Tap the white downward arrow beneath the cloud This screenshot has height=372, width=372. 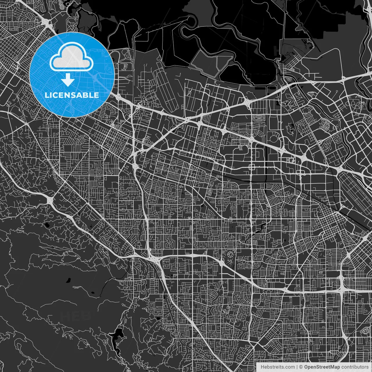pyautogui.click(x=68, y=80)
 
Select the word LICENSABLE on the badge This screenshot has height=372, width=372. pyautogui.click(x=71, y=95)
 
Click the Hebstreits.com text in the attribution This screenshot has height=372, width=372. pyautogui.click(x=277, y=367)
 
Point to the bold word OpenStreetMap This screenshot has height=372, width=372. pyautogui.click(x=322, y=367)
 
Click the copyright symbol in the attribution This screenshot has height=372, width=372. pyautogui.click(x=301, y=367)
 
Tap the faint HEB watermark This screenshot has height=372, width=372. pyautogui.click(x=76, y=316)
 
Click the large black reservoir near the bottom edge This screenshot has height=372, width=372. pyautogui.click(x=118, y=334)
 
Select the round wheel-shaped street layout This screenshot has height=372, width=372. pyautogui.click(x=230, y=255)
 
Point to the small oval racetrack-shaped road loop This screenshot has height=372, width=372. pyautogui.click(x=258, y=119)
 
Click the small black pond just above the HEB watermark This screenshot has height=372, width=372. pyautogui.click(x=69, y=280)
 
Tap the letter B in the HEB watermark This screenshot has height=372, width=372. pyautogui.click(x=86, y=316)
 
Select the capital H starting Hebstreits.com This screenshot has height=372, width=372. pyautogui.click(x=262, y=367)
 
